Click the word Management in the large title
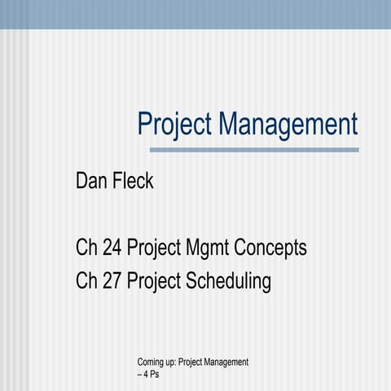click(x=288, y=125)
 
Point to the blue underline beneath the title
click(x=254, y=150)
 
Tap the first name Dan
click(x=91, y=181)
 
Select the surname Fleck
click(x=132, y=181)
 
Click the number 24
click(x=110, y=247)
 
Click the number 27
click(x=110, y=282)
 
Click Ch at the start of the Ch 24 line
click(x=85, y=247)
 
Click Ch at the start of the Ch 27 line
click(x=85, y=282)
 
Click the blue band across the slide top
click(x=195, y=14)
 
